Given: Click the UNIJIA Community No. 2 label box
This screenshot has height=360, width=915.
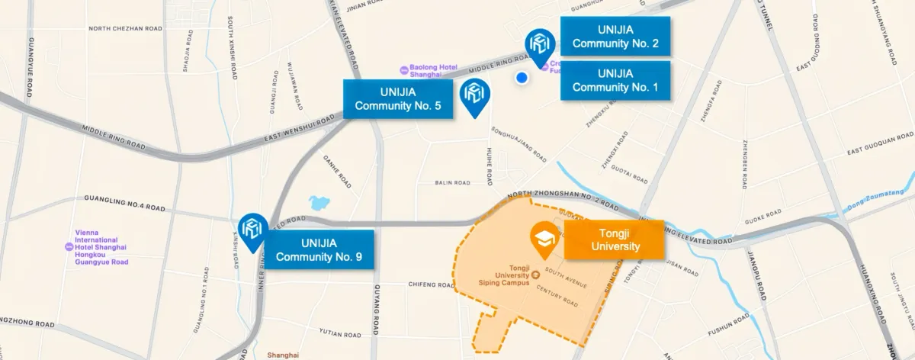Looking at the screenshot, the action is pos(615,36).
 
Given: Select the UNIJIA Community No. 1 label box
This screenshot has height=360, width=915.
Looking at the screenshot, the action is pos(615,80).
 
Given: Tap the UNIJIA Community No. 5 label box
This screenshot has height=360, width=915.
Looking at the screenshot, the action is pos(397,98).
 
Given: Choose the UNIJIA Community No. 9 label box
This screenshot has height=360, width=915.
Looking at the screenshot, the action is pos(319,249).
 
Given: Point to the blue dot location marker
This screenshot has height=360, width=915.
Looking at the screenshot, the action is pos(522,77).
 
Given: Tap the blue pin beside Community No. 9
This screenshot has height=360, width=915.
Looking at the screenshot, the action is pos(251,229).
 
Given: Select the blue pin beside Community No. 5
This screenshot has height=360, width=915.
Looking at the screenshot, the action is pos(477,97).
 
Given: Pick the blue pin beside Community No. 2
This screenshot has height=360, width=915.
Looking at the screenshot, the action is pos(541,46).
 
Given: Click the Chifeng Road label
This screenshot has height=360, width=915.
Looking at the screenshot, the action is pos(432,284).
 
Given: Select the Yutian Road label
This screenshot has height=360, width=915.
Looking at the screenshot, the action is pos(339,334).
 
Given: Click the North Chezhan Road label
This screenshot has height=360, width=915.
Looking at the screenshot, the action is pos(126,28).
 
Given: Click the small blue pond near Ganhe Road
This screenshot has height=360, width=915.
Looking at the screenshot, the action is pos(318,203).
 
